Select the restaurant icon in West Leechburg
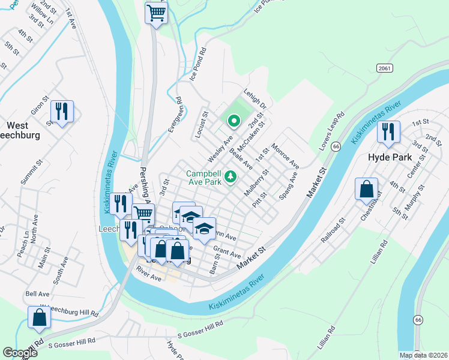tap(62, 111)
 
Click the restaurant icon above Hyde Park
tap(388, 131)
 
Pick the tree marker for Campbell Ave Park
tap(230, 178)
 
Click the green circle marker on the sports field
tap(234, 123)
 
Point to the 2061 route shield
tap(385, 68)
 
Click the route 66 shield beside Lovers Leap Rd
tap(336, 146)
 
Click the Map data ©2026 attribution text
tap(423, 355)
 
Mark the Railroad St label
tap(333, 230)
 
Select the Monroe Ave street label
tap(285, 155)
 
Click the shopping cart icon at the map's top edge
tap(156, 13)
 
